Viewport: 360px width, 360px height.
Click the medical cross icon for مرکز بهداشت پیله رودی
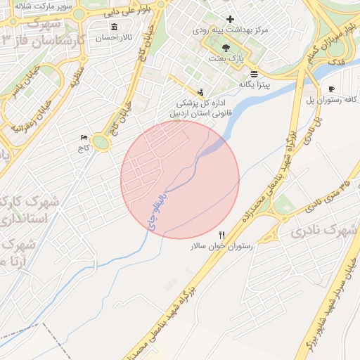[x=230, y=18]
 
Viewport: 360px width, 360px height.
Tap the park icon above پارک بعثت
[x=225, y=46]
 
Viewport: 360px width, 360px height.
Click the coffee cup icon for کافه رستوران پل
[x=331, y=89]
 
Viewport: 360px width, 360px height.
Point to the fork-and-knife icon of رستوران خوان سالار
[x=222, y=235]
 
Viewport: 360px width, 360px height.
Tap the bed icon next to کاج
[x=84, y=137]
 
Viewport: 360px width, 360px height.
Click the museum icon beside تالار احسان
[x=114, y=27]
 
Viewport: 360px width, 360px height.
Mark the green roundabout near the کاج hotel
[x=103, y=143]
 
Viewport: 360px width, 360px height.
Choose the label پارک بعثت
[x=226, y=58]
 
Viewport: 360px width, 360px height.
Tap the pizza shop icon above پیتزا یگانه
[x=253, y=73]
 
